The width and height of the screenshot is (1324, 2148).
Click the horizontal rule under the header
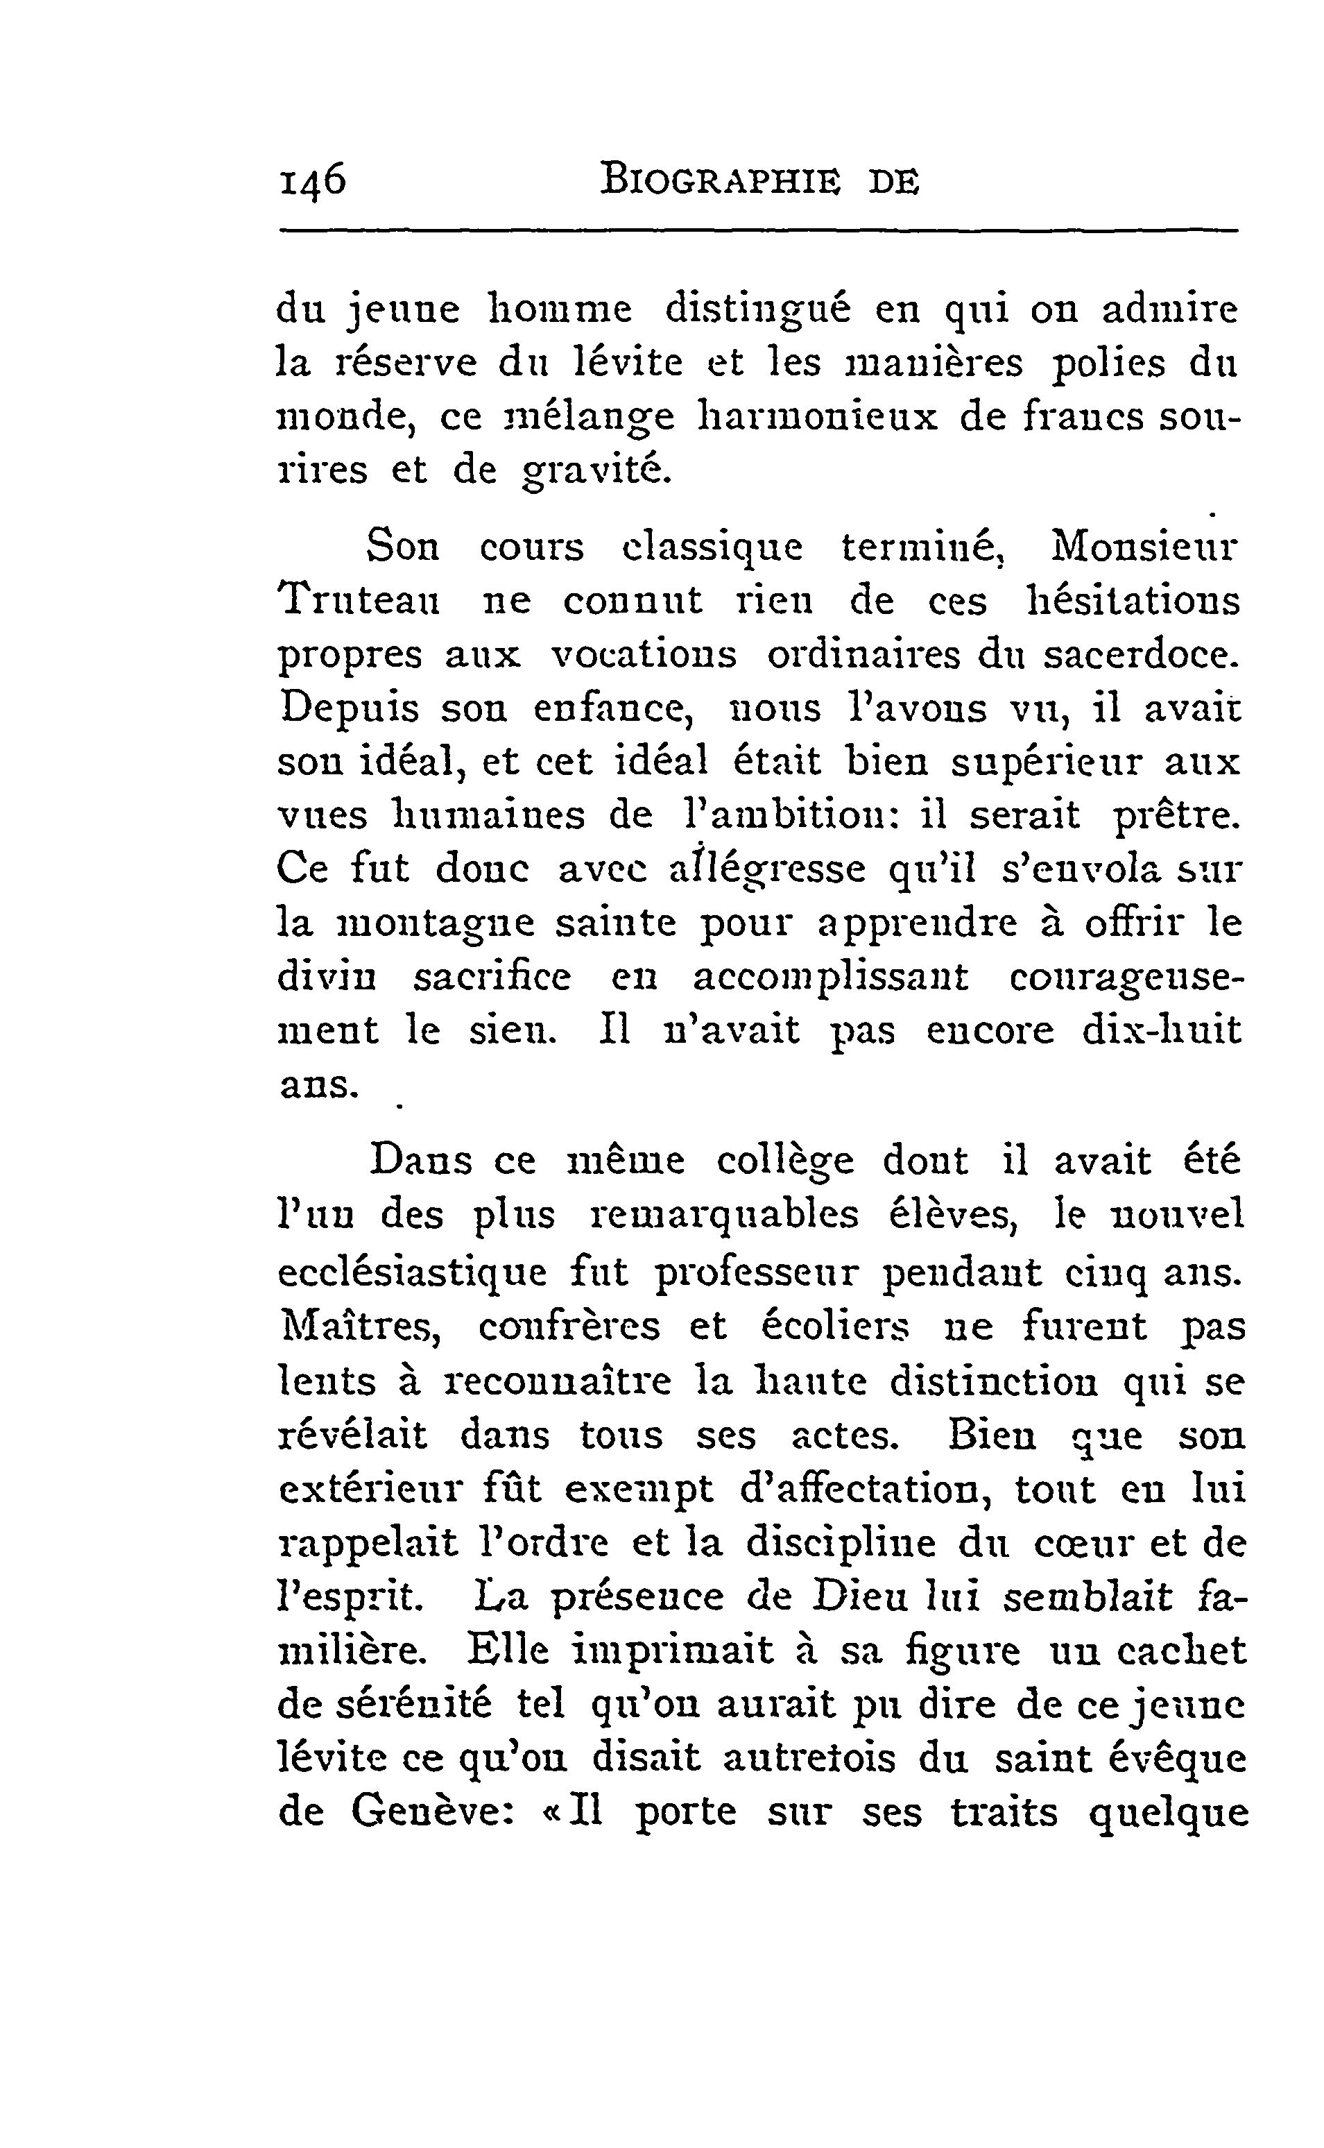[758, 231]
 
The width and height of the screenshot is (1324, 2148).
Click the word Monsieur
[1144, 547]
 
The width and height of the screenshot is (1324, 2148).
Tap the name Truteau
[359, 601]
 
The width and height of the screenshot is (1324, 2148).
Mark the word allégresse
[767, 870]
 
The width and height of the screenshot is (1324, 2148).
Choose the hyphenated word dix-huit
[1161, 1030]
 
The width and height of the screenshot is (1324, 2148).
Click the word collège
[784, 1161]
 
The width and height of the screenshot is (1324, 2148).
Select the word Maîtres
[360, 1327]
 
